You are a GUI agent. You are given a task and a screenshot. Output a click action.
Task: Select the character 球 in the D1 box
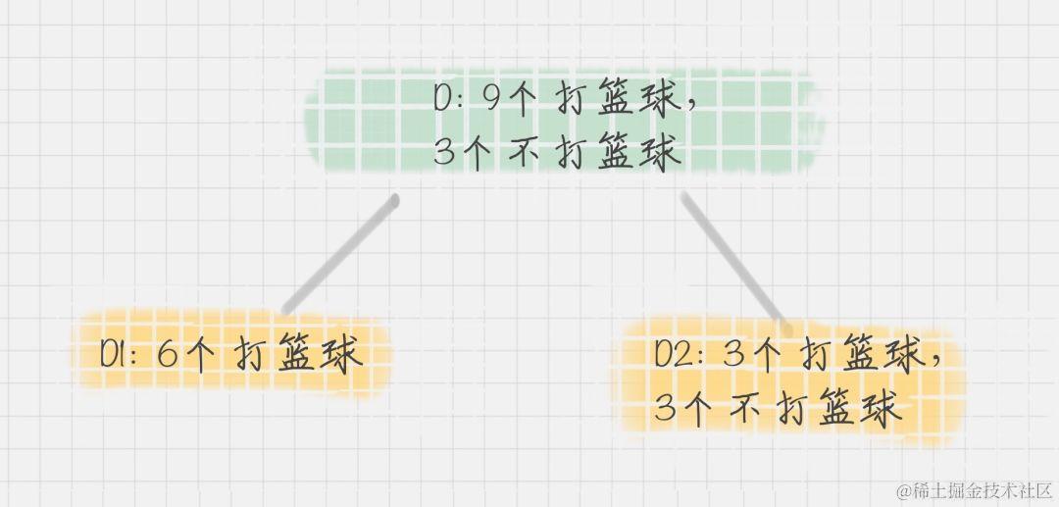pos(340,354)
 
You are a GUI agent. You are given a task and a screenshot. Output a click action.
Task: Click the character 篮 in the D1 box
pos(297,354)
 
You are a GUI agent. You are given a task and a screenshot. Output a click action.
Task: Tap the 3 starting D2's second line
pos(667,407)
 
